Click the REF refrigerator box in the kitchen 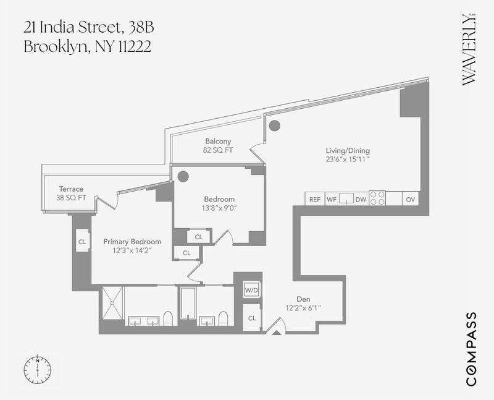[x=315, y=198]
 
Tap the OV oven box [x=411, y=198]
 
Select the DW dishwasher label [x=361, y=199]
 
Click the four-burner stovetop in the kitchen [x=377, y=198]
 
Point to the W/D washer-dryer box [x=252, y=290]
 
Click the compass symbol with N [x=38, y=369]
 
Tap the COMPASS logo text [x=471, y=349]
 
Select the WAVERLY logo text [x=469, y=50]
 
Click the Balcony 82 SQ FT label [x=218, y=145]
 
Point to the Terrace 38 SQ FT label [x=71, y=193]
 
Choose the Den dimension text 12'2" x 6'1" [x=303, y=307]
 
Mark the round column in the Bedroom [x=183, y=176]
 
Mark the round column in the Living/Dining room [x=274, y=126]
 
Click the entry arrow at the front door [x=276, y=333]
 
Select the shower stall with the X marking [x=113, y=303]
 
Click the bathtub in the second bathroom [x=188, y=303]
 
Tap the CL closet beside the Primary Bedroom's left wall [x=83, y=242]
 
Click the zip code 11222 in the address [x=135, y=47]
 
